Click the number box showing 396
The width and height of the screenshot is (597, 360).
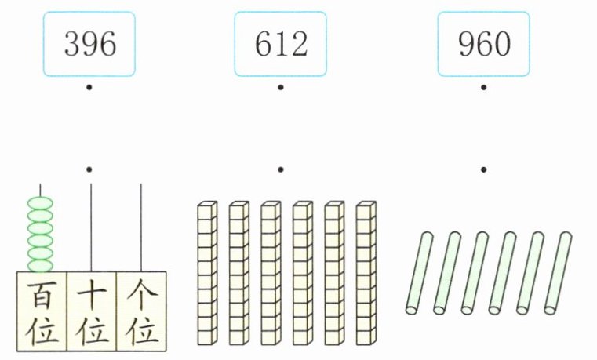(x=90, y=44)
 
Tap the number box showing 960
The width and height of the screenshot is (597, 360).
(x=484, y=44)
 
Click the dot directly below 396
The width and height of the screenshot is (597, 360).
(x=90, y=86)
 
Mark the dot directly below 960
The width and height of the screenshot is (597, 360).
(x=484, y=86)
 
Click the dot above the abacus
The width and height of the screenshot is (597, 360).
(x=90, y=169)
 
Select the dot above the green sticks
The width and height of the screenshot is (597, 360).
(x=484, y=169)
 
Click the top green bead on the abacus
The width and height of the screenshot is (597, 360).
(x=41, y=204)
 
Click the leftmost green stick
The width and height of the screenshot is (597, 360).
(x=420, y=273)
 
